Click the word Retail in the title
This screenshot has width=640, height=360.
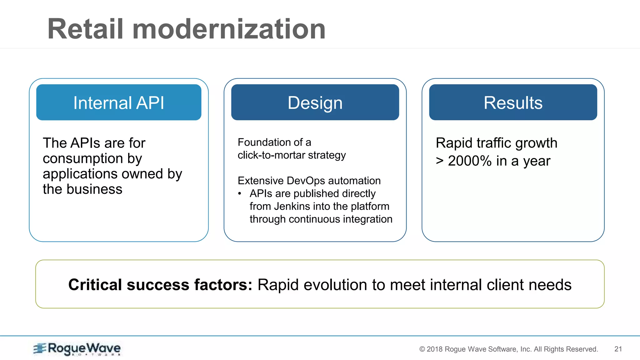pyautogui.click(x=85, y=29)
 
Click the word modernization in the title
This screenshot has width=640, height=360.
pyautogui.click(x=229, y=29)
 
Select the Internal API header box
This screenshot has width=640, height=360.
pyautogui.click(x=118, y=102)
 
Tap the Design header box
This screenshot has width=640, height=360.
pyautogui.click(x=315, y=102)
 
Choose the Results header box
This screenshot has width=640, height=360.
pyautogui.click(x=513, y=102)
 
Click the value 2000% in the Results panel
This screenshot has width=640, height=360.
pyautogui.click(x=470, y=161)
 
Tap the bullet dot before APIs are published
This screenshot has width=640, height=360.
pyautogui.click(x=240, y=194)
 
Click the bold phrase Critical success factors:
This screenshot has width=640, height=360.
pyautogui.click(x=160, y=285)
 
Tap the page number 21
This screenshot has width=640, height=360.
pyautogui.click(x=618, y=349)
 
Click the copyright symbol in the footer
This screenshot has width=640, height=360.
pyautogui.click(x=422, y=349)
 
